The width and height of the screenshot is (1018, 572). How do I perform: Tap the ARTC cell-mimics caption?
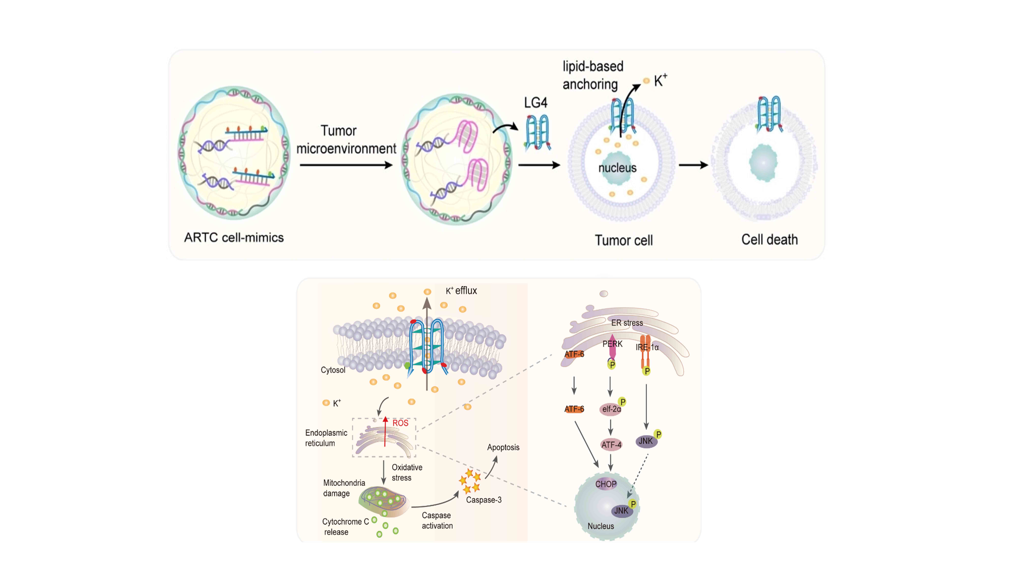point(234,238)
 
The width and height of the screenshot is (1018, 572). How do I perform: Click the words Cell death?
point(769,240)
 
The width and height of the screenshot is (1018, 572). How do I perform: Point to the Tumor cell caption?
point(624,240)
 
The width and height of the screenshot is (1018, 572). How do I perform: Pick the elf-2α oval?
point(611,409)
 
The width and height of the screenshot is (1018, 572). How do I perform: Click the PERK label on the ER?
point(612,344)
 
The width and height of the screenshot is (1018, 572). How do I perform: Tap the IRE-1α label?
point(647,347)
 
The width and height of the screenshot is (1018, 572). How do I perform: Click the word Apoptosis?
point(503,447)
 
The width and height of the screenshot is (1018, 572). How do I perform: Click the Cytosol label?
point(333,370)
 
